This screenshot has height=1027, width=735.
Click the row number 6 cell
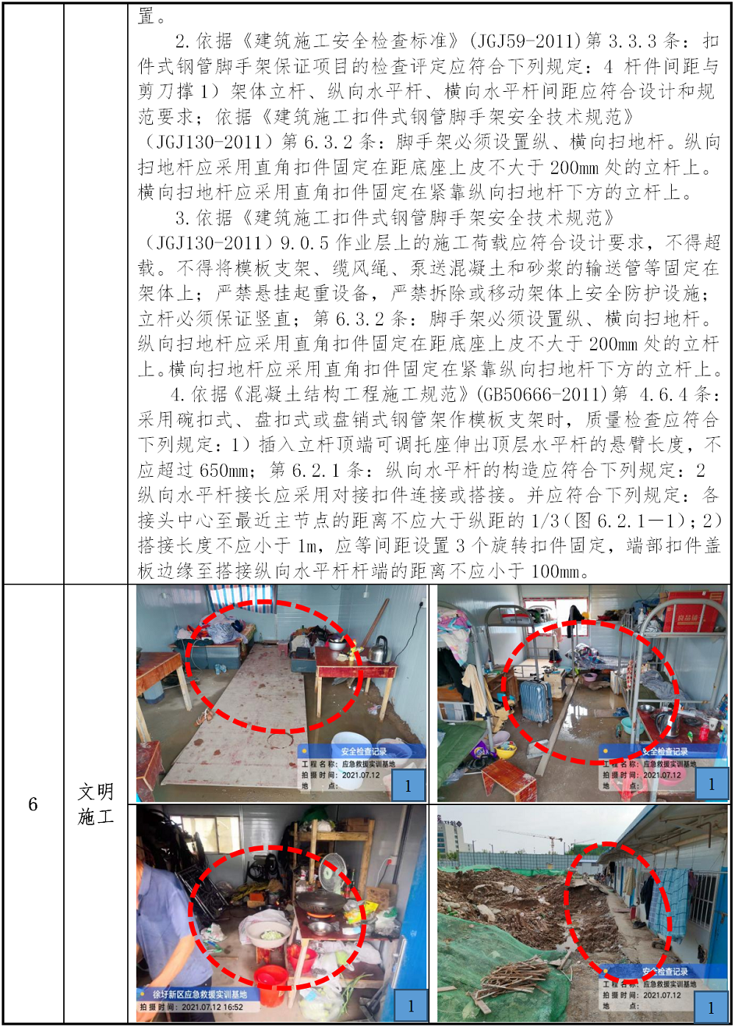click(32, 804)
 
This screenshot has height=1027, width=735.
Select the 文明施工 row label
click(96, 804)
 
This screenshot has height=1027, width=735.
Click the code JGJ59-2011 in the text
click(530, 41)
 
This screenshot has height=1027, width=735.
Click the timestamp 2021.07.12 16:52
click(212, 1007)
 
